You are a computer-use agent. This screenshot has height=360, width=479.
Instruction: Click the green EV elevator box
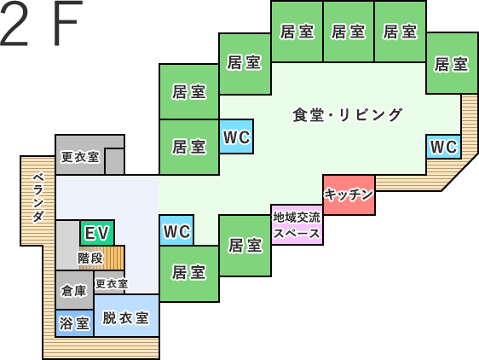pos(97,232)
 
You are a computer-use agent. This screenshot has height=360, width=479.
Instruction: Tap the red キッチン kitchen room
pos(349,195)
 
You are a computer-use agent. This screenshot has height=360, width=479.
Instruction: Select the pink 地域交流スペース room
pos(297,225)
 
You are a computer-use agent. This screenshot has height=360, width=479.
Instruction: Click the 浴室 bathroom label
pos(74,323)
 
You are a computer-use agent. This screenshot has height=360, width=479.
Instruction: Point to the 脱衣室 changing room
pos(126,316)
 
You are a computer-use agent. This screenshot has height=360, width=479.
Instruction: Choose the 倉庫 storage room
pos(74,290)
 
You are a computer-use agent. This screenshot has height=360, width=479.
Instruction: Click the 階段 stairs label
pos(90,258)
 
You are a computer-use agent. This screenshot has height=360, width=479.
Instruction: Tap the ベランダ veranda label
pos(38,197)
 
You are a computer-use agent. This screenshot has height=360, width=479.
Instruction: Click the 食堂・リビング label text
pos(347,115)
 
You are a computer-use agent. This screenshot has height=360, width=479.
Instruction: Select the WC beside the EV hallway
pos(176,230)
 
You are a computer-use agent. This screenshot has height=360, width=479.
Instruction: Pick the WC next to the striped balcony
pos(443,147)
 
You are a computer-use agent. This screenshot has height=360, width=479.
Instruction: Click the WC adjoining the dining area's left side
pos(236,136)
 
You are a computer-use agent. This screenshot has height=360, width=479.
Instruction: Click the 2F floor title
pos(42,23)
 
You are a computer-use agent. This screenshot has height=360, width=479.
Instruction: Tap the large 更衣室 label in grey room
pos(80,157)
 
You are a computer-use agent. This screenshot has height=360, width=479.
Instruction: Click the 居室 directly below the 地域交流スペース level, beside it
pos(245,246)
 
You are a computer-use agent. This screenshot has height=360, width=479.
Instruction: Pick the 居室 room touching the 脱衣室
pos(189,274)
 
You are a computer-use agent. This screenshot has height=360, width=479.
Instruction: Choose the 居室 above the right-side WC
pos(452,63)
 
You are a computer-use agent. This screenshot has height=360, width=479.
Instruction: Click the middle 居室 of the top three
pos(349,32)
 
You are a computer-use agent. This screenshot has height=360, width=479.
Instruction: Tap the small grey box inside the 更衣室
pos(114,161)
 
